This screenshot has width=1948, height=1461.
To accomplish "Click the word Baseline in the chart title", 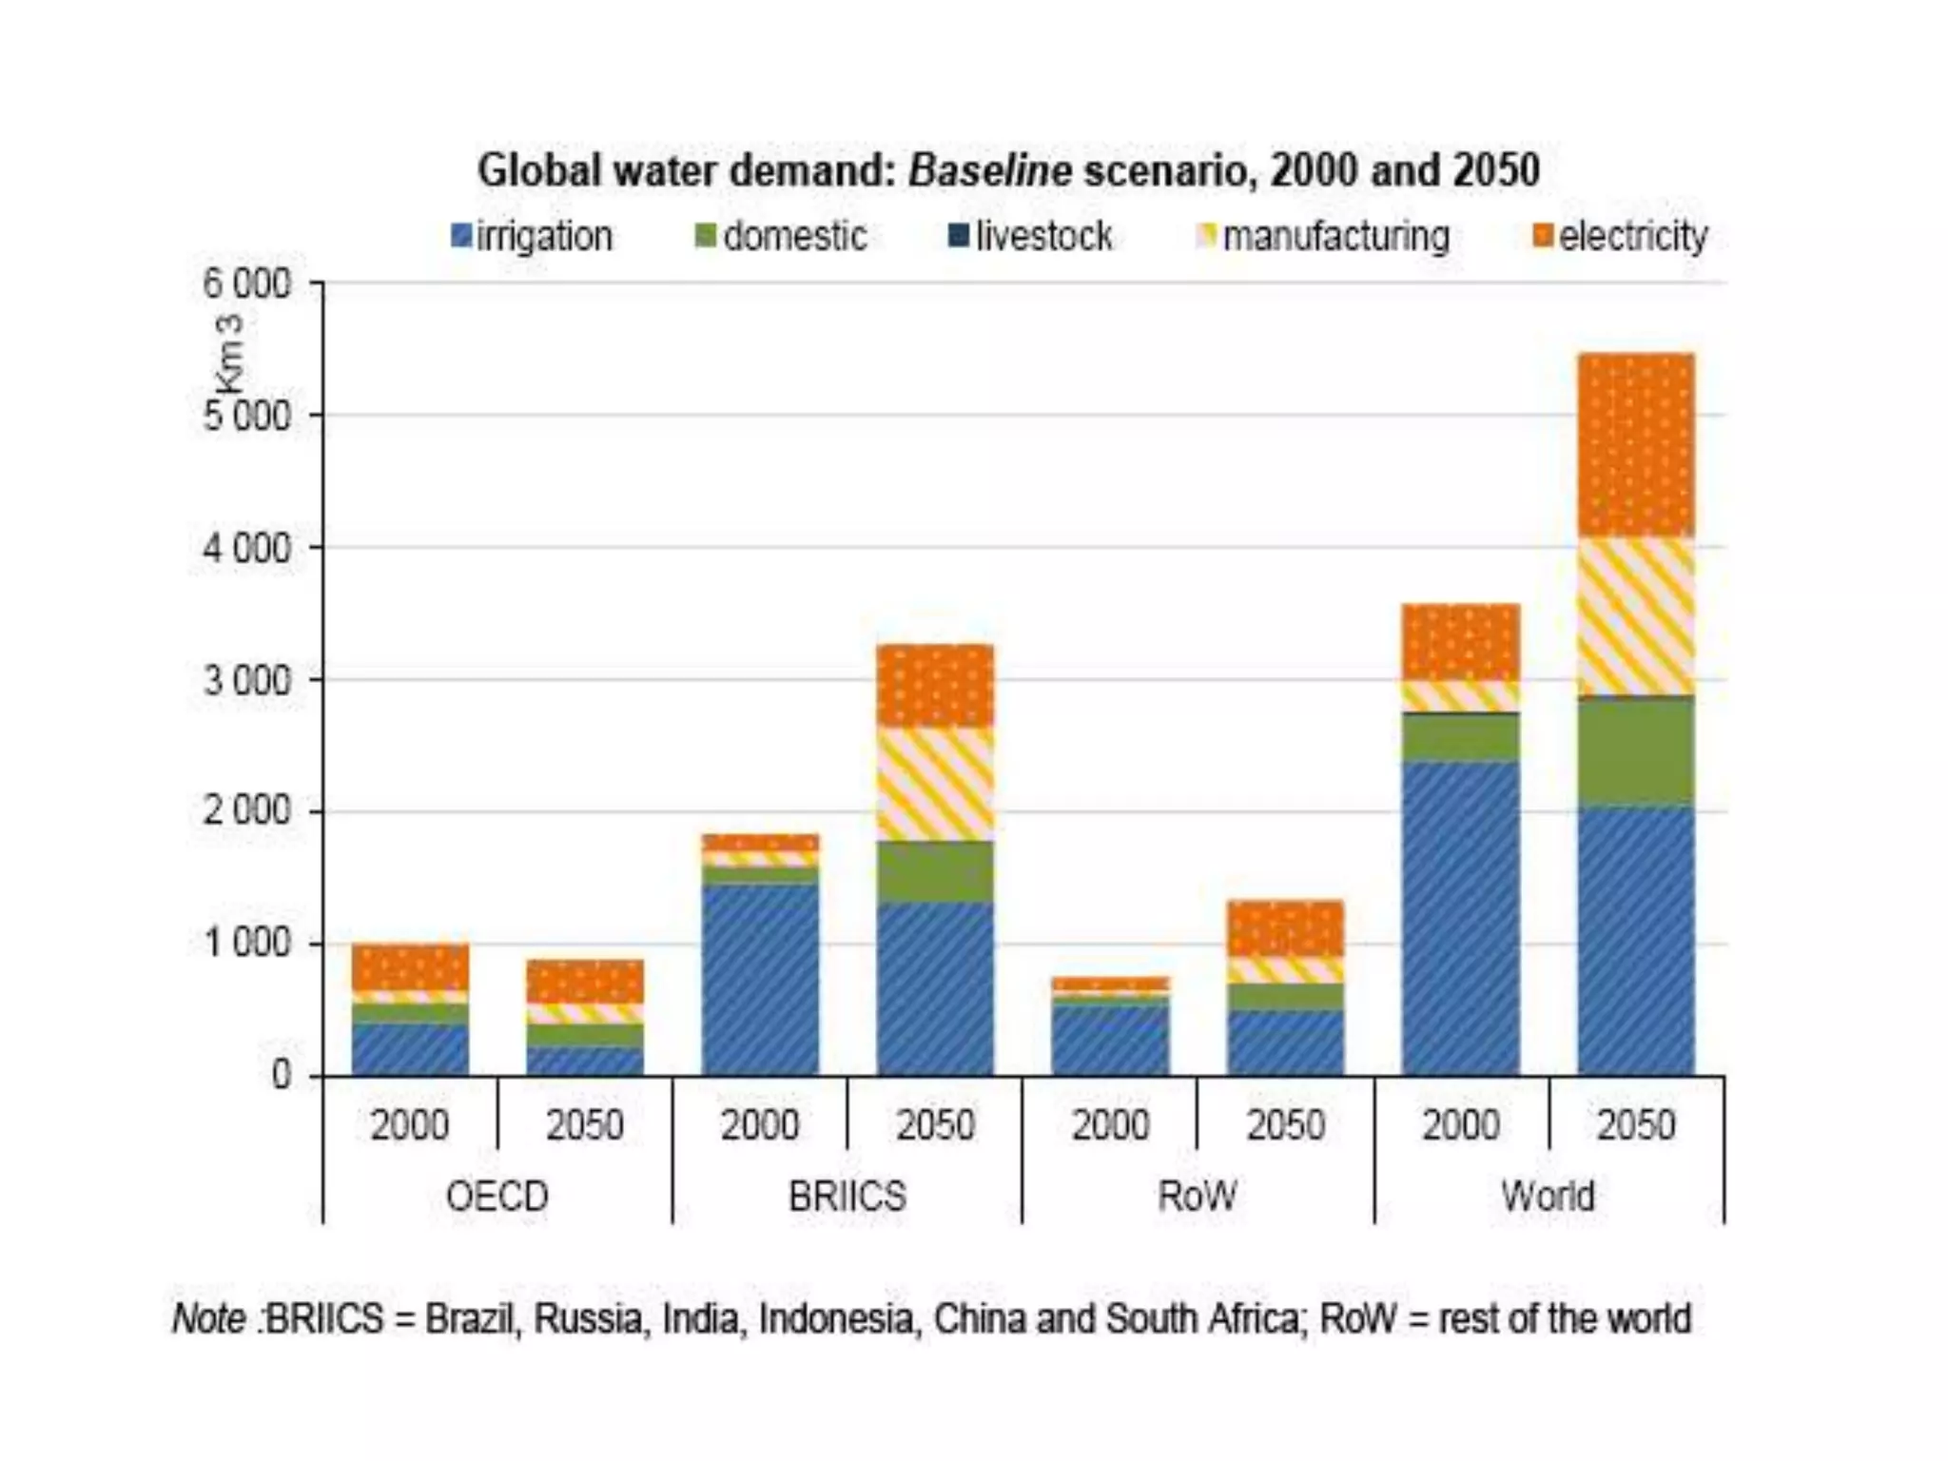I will pyautogui.click(x=989, y=171).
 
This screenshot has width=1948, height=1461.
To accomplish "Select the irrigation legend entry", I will pyautogui.click(x=533, y=236).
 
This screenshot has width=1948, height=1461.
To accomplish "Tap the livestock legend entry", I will pyautogui.click(x=1031, y=236).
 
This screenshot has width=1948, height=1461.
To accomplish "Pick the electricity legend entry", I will pyautogui.click(x=1621, y=236).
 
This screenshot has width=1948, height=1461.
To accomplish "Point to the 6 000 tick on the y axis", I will pyautogui.click(x=246, y=283).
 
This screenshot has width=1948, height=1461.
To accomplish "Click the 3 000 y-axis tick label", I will pyautogui.click(x=246, y=680).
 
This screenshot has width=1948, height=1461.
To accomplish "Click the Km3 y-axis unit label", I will pyautogui.click(x=229, y=354).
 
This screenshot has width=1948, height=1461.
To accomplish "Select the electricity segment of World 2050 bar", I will pyautogui.click(x=1636, y=445).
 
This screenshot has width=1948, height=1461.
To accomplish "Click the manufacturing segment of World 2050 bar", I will pyautogui.click(x=1636, y=616).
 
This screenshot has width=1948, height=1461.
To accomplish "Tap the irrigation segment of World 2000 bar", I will pyautogui.click(x=1460, y=918).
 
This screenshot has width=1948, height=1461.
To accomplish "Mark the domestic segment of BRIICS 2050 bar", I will pyautogui.click(x=935, y=871).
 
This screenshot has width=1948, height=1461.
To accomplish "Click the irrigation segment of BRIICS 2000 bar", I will pyautogui.click(x=760, y=980).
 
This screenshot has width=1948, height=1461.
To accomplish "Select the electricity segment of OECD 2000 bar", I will pyautogui.click(x=410, y=967).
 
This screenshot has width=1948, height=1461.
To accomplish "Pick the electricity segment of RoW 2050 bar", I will pyautogui.click(x=1285, y=928).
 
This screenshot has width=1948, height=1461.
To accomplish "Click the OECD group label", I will pyautogui.click(x=497, y=1196).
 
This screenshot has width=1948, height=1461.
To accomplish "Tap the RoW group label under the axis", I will pyautogui.click(x=1197, y=1196).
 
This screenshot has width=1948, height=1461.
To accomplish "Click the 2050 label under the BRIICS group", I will pyautogui.click(x=935, y=1125).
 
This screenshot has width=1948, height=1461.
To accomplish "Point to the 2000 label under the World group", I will pyautogui.click(x=1460, y=1125).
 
